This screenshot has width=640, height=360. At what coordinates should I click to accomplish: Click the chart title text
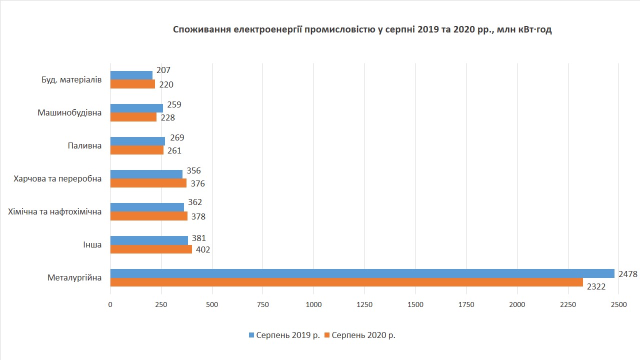(362, 30)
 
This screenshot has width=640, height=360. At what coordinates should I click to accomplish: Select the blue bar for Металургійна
(362, 273)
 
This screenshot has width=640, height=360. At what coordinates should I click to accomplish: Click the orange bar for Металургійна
(346, 282)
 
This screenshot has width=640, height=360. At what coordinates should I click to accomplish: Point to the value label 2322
(596, 287)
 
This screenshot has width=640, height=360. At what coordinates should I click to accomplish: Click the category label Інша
(92, 245)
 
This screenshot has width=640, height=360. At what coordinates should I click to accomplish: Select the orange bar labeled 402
(151, 249)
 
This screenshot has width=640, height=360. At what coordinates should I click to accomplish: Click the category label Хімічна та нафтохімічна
(55, 212)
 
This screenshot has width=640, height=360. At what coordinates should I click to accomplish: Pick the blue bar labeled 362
(147, 207)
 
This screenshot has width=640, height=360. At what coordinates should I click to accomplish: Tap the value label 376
(197, 183)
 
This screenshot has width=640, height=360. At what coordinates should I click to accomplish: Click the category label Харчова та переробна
(58, 178)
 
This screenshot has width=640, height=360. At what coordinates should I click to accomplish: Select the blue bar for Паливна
(137, 141)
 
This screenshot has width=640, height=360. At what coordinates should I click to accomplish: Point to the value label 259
(174, 105)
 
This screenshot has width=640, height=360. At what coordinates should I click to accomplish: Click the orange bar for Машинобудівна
(133, 117)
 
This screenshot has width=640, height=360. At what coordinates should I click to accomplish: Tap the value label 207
(163, 70)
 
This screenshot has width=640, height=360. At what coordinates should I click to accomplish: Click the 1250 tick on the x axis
(364, 304)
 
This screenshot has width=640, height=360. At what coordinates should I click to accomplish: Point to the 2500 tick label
(618, 304)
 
